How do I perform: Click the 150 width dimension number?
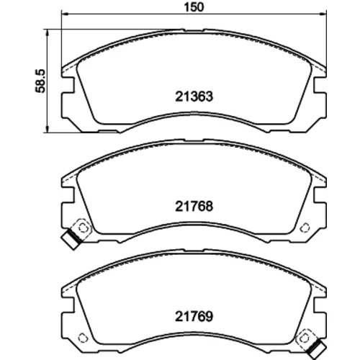[194, 7]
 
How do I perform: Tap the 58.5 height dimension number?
[40, 81]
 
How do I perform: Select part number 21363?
[194, 96]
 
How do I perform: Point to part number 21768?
[194, 207]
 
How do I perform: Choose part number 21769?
[194, 317]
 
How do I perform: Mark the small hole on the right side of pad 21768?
[305, 227]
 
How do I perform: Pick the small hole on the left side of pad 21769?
[83, 338]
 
